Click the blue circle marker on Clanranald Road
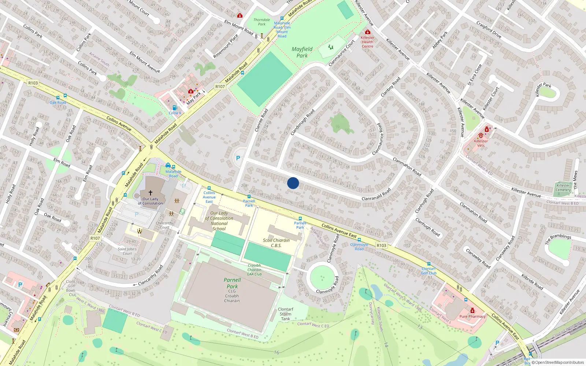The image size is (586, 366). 293,183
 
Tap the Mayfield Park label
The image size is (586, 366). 302,52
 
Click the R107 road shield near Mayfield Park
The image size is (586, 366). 220,86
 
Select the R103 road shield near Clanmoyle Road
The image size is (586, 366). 381,246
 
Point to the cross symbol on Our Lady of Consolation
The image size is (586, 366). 150,193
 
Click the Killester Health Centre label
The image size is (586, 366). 367,42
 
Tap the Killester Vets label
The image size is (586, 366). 481,143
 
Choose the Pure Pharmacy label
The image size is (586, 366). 472,316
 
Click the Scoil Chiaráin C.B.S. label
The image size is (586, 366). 276,243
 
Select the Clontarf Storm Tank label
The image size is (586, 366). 286,314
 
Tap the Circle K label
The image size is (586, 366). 175,113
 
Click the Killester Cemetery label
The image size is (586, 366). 563,187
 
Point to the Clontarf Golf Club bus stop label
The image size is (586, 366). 429,271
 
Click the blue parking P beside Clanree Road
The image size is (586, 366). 238,158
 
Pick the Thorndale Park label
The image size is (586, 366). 262,22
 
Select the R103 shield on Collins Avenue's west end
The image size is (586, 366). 33,83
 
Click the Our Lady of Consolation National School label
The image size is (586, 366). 219,221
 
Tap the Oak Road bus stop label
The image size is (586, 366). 58,102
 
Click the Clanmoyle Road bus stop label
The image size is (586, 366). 359,247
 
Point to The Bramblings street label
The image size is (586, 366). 558,239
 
